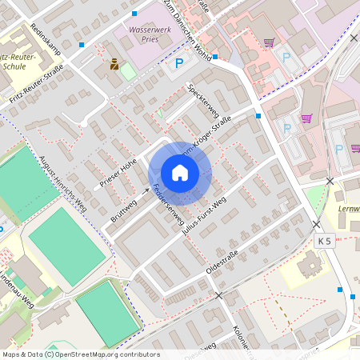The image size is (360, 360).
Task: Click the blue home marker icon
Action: pyautogui.click(x=180, y=172)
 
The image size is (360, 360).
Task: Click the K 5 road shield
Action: pyautogui.click(x=324, y=240)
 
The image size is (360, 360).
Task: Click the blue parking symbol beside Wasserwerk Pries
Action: pyautogui.click(x=179, y=63)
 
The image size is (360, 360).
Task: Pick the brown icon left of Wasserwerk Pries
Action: pyautogui.click(x=114, y=63)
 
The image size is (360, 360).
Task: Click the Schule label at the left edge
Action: pyautogui.click(x=14, y=66)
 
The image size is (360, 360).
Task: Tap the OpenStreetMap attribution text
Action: pyautogui.click(x=81, y=354)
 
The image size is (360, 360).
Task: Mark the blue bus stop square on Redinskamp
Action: pyautogui.click(x=82, y=46)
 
